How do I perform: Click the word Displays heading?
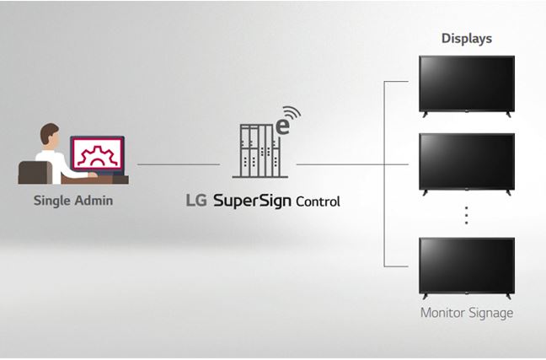(x=467, y=38)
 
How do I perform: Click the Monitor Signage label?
(x=467, y=313)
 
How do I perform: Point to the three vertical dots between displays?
(x=466, y=215)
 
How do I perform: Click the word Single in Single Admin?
(x=51, y=201)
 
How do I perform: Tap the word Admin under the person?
(x=94, y=201)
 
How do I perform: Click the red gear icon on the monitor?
(x=98, y=155)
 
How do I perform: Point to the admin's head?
(x=50, y=135)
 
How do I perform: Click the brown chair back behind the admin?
(x=35, y=173)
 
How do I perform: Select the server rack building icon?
(x=260, y=151)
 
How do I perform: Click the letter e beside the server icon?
(x=282, y=126)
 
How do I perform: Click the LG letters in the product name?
(x=196, y=201)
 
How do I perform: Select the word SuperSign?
(x=252, y=201)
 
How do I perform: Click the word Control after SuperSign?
(x=318, y=201)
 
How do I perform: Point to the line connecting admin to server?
(x=179, y=164)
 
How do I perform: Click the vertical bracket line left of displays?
(x=384, y=174)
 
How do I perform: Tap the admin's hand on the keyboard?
(x=93, y=175)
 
